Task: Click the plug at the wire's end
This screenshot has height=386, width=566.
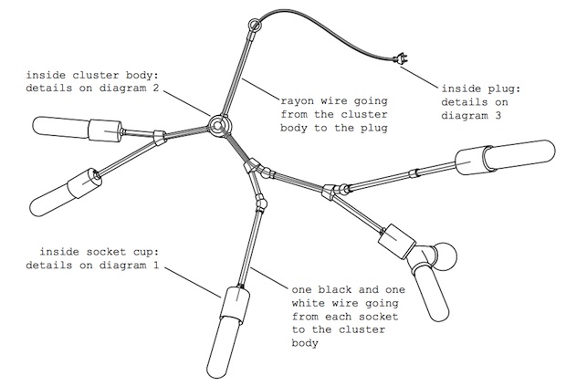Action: coord(399,61)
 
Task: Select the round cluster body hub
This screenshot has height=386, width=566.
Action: coord(218,124)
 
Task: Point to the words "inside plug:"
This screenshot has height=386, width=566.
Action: coord(479,89)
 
